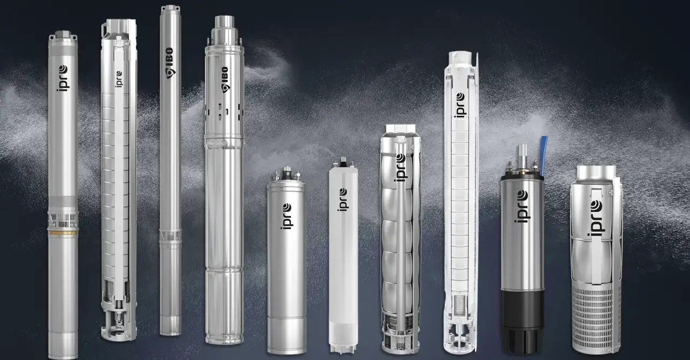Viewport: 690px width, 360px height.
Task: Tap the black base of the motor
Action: click(522, 321)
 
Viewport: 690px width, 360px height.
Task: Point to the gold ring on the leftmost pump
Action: click(63, 232)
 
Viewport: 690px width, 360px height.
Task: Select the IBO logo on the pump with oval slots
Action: click(226, 80)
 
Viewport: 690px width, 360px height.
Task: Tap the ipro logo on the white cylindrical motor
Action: click(343, 199)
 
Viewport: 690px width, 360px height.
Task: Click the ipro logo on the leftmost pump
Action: click(63, 78)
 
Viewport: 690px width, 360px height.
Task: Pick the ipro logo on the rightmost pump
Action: click(596, 218)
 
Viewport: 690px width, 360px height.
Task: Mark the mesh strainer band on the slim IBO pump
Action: click(170, 236)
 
